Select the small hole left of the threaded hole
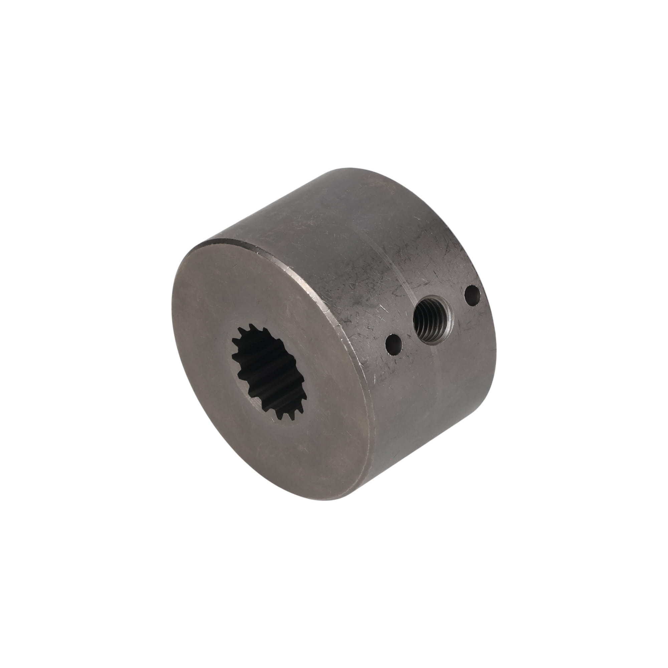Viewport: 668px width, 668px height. (x=395, y=344)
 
